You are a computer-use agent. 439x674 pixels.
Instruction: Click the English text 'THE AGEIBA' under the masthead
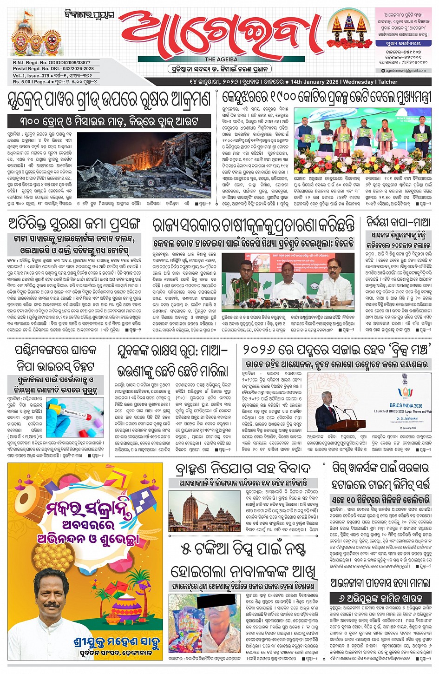[221, 59]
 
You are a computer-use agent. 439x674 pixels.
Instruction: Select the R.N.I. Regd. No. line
[52, 62]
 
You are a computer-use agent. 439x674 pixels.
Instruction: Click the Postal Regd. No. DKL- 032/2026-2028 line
[53, 68]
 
